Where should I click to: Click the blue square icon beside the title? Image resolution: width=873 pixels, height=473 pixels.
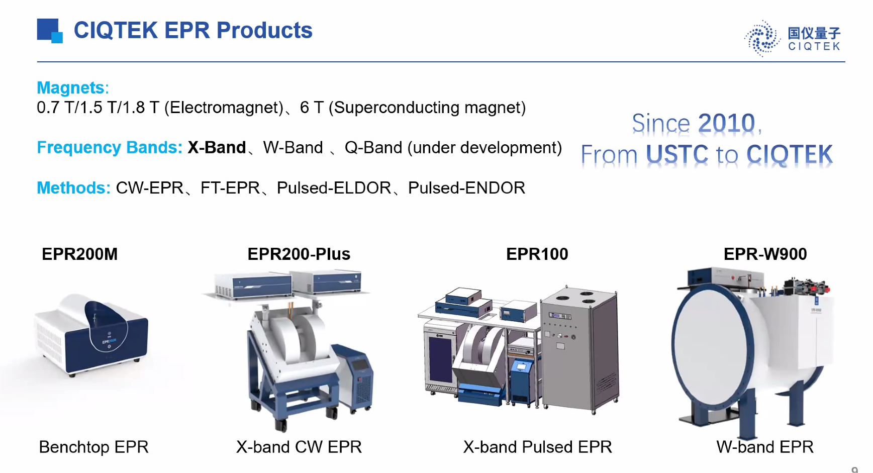50,31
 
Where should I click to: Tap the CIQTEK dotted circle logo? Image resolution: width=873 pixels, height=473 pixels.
762,38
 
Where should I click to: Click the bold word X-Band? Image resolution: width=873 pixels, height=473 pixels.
217,147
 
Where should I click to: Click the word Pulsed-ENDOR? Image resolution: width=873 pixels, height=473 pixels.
466,187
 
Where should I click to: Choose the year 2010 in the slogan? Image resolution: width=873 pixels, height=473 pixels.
727,123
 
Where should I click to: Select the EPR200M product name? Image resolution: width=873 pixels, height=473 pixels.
80,254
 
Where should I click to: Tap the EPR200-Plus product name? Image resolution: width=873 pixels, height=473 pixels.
299,254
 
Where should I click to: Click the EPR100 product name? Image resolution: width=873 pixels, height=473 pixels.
537,254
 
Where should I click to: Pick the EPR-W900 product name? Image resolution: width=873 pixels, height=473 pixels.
765,254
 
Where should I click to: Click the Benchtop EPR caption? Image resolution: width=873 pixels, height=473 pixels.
94,447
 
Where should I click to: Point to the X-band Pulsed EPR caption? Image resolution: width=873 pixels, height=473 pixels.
538,447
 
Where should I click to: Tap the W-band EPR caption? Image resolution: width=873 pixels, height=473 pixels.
765,447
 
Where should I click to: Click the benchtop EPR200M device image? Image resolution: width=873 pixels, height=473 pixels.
91,335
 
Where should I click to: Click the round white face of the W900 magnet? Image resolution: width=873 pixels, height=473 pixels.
711,346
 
